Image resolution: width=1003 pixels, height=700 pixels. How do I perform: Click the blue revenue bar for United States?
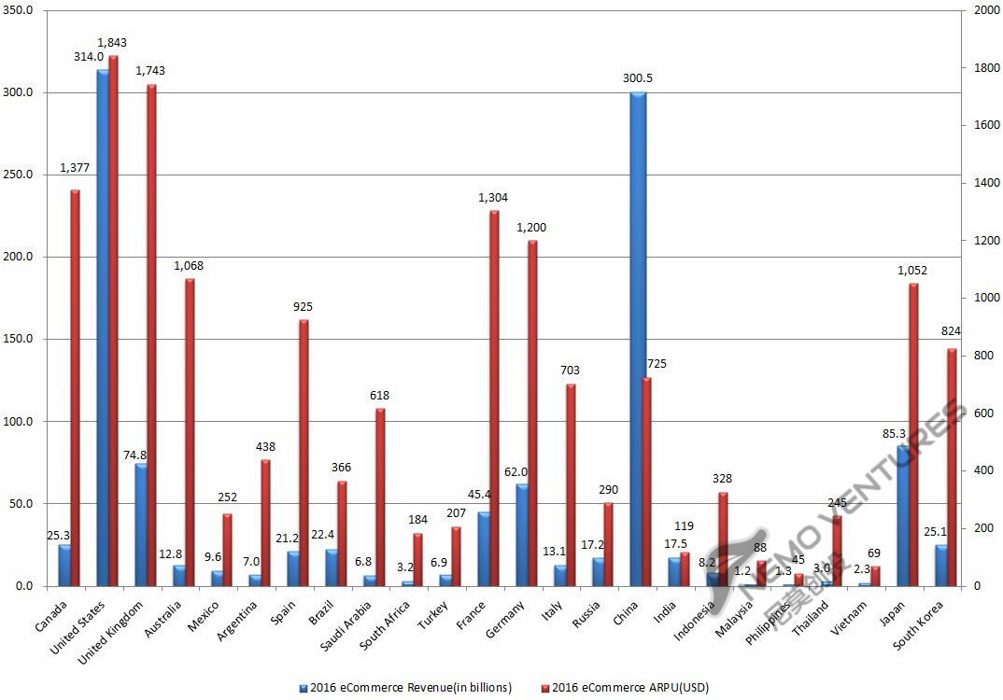coord(102,327)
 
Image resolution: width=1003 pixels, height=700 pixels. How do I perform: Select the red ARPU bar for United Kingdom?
coord(151,336)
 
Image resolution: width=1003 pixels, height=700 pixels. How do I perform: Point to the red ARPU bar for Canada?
coord(75,388)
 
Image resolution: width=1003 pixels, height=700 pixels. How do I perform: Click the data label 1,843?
coord(112,43)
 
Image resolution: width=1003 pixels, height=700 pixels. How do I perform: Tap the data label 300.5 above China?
coord(638,78)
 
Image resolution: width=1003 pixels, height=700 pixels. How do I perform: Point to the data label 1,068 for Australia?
coord(188,266)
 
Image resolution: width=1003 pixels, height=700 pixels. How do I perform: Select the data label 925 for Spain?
coord(303,307)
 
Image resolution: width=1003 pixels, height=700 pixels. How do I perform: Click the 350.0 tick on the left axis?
coord(19,11)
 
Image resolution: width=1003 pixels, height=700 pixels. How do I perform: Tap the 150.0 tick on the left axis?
coord(19,340)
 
